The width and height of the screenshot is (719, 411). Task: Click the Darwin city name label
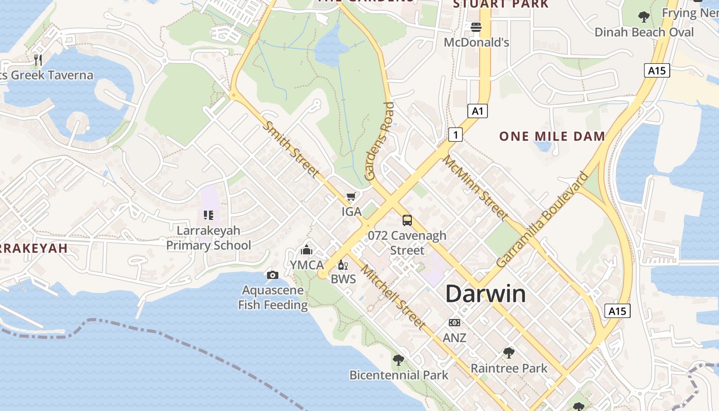click(485, 294)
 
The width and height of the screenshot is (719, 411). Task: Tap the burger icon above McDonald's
click(476, 27)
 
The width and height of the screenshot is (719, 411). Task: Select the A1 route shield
click(478, 111)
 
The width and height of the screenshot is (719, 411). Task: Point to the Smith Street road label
click(291, 148)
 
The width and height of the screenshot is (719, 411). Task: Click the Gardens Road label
click(380, 141)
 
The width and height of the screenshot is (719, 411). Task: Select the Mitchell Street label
click(393, 297)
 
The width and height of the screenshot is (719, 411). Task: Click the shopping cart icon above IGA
click(351, 197)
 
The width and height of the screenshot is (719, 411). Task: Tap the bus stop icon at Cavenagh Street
click(407, 220)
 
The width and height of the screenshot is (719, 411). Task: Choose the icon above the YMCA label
click(307, 250)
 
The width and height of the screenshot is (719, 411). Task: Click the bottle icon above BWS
click(343, 265)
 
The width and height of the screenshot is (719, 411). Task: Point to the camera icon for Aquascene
click(273, 275)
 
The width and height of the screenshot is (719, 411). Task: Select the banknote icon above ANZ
click(455, 323)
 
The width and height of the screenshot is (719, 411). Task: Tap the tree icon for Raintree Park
click(509, 353)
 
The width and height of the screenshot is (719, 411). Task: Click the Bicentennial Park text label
click(399, 375)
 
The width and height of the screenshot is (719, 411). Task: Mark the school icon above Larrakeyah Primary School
click(208, 215)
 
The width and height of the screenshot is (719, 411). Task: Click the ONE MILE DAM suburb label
click(552, 136)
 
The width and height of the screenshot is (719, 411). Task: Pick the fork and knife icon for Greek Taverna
click(37, 60)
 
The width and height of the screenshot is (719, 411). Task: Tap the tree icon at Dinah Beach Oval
click(644, 17)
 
